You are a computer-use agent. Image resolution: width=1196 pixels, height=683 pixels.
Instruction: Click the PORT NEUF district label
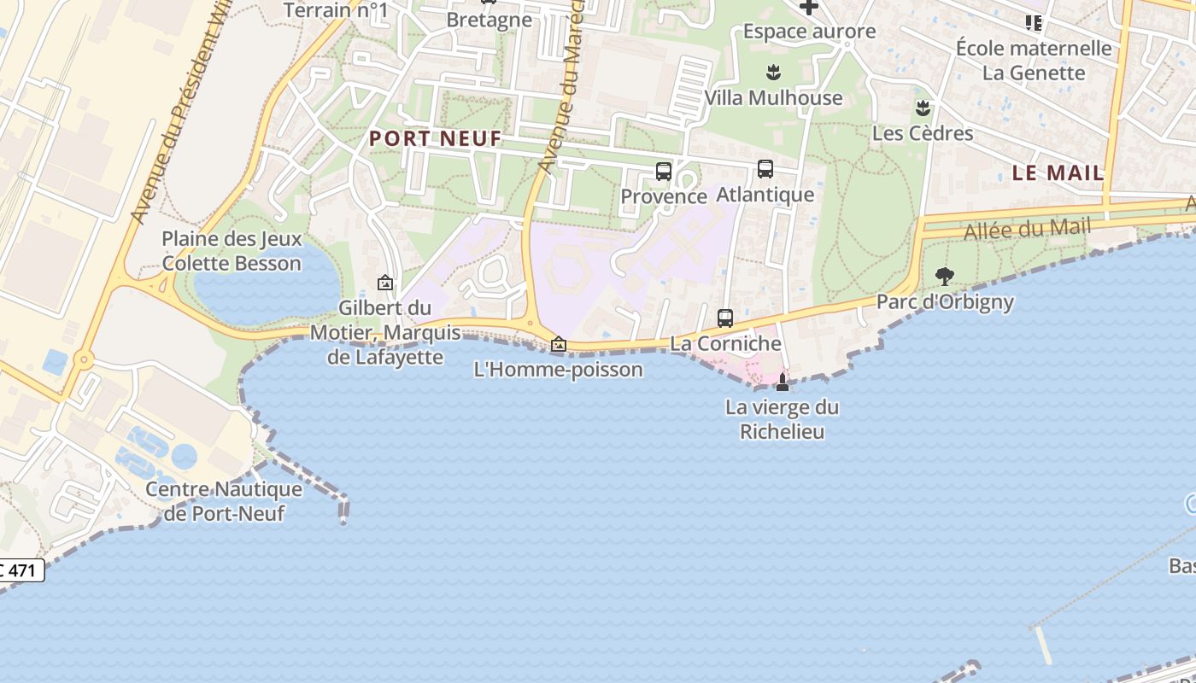(436, 138)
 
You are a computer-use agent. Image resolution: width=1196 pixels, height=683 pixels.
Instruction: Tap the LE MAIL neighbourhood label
(1058, 172)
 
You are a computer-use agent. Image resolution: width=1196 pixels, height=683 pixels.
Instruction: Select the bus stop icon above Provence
(664, 172)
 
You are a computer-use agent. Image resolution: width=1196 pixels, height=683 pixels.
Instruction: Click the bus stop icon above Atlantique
(765, 169)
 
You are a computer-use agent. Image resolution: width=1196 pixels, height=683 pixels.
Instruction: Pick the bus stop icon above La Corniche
(725, 318)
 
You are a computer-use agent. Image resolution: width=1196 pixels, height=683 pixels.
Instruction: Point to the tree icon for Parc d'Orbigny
(944, 276)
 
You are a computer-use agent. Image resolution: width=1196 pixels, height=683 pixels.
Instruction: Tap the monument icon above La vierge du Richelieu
(783, 382)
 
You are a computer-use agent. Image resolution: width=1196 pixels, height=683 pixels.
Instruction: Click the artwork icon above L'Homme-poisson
(559, 344)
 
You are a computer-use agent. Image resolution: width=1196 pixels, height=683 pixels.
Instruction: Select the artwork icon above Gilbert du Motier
(385, 282)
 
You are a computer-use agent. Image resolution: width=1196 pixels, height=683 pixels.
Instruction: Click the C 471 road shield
(21, 569)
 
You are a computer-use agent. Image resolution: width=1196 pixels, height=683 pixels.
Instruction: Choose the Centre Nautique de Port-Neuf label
(224, 501)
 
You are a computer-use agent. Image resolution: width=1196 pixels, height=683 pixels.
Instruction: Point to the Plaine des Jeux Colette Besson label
(232, 251)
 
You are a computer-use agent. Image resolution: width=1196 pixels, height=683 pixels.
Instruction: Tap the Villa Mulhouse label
(773, 98)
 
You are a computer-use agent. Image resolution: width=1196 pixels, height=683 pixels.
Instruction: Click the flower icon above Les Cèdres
(923, 108)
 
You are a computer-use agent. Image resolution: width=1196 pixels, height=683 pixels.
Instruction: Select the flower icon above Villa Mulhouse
(773, 72)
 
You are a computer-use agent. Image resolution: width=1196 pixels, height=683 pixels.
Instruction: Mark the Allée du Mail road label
(1027, 230)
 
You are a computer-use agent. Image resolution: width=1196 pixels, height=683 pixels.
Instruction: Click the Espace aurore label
(809, 32)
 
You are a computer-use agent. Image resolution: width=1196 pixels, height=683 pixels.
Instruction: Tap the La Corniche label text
(725, 343)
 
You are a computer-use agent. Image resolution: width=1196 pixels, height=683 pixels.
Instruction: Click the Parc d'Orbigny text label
(945, 301)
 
